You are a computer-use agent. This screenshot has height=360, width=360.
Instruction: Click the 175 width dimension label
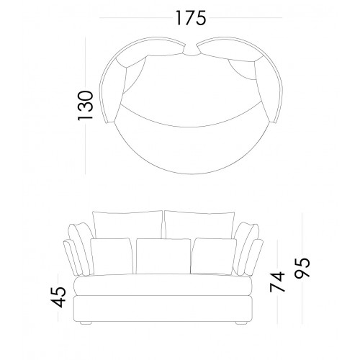[x=191, y=18]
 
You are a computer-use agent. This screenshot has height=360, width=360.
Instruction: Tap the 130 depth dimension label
[x=85, y=105]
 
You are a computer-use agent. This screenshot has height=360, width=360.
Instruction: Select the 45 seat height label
[x=59, y=297]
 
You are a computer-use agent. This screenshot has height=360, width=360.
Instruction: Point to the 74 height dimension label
[x=277, y=282]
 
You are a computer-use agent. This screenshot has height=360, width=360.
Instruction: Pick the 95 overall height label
[x=302, y=268]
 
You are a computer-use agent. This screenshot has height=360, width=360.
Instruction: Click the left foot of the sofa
[x=86, y=323]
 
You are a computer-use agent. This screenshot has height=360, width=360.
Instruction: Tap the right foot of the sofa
[x=241, y=323]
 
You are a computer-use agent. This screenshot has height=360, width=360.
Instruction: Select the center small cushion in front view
[x=163, y=256]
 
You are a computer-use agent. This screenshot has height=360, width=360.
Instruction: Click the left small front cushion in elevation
[x=112, y=256]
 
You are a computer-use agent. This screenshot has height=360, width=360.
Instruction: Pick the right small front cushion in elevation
[x=213, y=256]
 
